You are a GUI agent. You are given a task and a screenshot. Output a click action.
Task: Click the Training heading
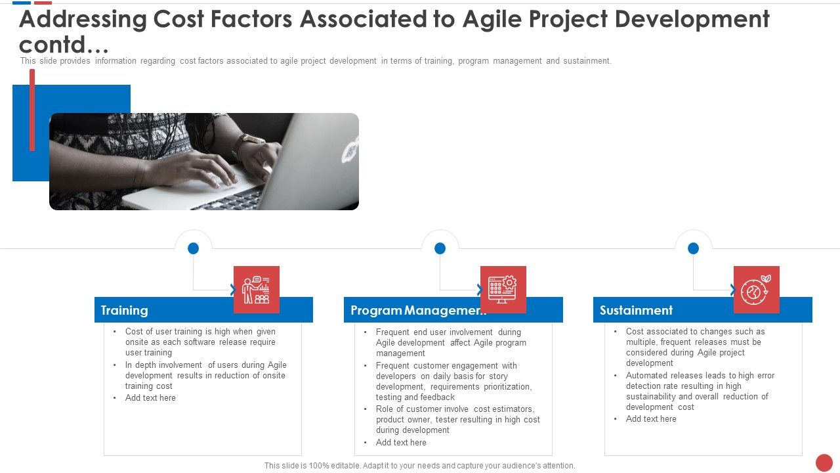click(x=125, y=310)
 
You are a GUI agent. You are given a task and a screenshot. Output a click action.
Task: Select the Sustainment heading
click(x=636, y=310)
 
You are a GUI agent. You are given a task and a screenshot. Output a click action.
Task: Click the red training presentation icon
click(x=257, y=289)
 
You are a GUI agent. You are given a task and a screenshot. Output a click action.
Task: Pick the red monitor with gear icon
click(x=503, y=289)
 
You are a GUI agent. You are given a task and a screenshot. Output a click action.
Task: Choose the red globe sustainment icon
click(x=756, y=289)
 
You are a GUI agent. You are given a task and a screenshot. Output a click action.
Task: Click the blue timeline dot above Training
click(x=193, y=248)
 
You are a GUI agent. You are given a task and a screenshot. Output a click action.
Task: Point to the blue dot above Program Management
click(x=440, y=248)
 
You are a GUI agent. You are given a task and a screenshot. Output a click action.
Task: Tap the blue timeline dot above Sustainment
click(x=693, y=248)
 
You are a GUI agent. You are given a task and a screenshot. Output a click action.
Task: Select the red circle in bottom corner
click(x=824, y=462)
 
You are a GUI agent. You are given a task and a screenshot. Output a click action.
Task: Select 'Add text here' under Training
click(x=150, y=397)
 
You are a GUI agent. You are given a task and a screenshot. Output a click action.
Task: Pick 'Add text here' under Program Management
click(x=401, y=442)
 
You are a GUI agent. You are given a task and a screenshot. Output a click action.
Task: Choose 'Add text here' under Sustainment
click(x=651, y=418)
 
